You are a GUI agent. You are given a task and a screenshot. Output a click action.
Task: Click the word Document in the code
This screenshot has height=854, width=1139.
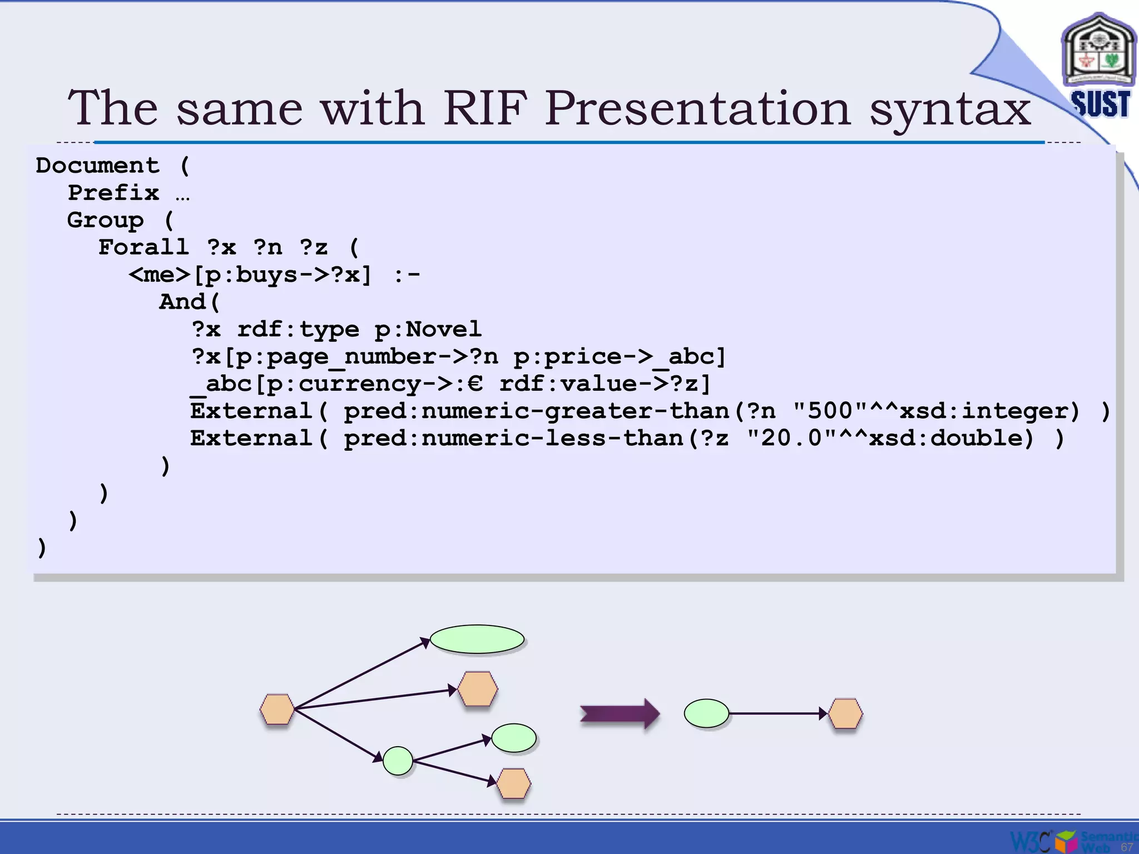pos(98,166)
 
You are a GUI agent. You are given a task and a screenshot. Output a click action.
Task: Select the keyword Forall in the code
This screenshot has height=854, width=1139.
pos(143,247)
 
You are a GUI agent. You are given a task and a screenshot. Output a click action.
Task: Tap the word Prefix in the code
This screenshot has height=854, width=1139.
pos(113,193)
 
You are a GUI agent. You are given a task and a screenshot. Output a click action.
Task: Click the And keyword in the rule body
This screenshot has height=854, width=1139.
pos(182,302)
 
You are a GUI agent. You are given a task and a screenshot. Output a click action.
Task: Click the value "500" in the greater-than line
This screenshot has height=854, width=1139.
pos(830,411)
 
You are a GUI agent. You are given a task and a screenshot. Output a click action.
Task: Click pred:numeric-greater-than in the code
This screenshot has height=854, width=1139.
pos(537,411)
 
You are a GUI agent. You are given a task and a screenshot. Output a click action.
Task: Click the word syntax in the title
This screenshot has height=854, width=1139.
pos(950,109)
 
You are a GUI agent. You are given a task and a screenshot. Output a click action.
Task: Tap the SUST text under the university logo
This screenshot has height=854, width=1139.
pos(1101,104)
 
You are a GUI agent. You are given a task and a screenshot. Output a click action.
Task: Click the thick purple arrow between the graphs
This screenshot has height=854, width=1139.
pos(619,713)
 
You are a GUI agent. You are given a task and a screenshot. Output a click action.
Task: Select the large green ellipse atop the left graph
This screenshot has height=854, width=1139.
pos(477,639)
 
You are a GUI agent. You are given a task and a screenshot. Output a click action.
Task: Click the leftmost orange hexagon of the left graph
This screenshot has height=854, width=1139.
pos(277,709)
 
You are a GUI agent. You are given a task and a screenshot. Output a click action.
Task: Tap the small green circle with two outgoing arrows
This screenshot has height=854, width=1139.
pos(398,761)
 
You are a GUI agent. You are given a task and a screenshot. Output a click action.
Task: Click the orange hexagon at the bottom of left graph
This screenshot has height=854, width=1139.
pos(513,783)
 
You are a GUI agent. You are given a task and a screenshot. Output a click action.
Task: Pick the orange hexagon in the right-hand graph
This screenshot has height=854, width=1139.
pos(845,714)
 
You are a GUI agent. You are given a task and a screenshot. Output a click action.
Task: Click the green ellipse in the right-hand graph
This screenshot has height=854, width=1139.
pos(706,713)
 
